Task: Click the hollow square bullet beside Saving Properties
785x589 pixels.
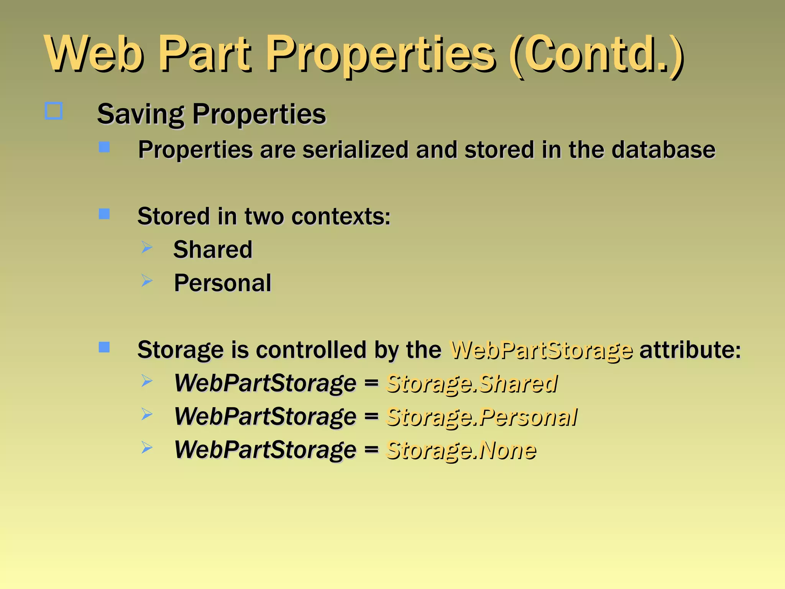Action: point(54,111)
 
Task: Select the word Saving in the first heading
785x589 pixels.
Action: point(140,114)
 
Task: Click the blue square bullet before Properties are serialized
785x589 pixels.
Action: point(104,147)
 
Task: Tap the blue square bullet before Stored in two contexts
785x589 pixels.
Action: point(104,214)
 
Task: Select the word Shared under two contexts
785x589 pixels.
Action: point(213,250)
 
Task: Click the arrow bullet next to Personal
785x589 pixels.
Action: point(147,281)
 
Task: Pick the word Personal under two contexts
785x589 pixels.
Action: point(222,283)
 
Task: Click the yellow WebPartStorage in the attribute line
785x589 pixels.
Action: point(541,350)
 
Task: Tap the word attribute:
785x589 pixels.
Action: point(690,350)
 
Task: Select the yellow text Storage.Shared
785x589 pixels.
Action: point(471,383)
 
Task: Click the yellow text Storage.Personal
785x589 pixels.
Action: point(481,417)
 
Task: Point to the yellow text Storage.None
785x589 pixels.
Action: point(461,450)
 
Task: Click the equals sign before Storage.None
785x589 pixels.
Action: point(371,449)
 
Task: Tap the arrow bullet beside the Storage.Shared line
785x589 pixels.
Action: point(147,381)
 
